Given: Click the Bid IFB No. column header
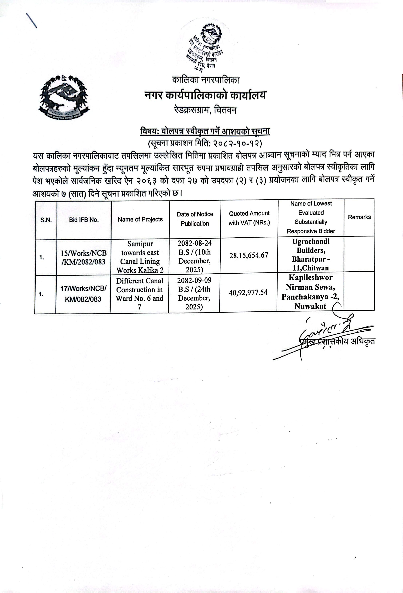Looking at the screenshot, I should (x=84, y=220).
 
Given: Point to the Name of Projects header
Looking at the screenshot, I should (x=140, y=219).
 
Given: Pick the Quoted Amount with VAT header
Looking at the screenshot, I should (x=249, y=218).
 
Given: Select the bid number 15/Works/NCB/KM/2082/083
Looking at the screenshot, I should (x=83, y=257).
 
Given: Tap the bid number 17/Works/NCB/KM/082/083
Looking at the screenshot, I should (x=83, y=294).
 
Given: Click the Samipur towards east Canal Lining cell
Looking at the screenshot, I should (x=140, y=257).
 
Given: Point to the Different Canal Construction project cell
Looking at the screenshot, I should (x=139, y=294).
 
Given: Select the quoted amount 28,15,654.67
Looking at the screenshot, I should (x=249, y=255).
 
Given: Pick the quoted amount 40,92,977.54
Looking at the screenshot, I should (x=248, y=292).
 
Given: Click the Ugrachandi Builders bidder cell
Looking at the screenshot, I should (x=310, y=255).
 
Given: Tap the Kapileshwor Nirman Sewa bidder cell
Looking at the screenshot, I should (x=310, y=292).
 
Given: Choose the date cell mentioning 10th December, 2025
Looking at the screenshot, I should (x=195, y=256).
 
